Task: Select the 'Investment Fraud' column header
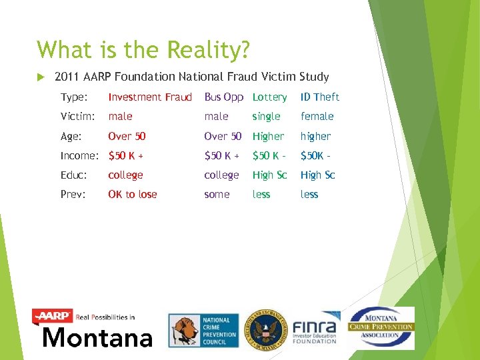(150, 97)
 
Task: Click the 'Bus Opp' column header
(223, 97)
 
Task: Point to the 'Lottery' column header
(269, 97)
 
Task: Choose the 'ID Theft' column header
(320, 97)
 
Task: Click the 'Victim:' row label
(77, 116)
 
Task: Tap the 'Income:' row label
(79, 155)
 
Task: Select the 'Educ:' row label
(75, 175)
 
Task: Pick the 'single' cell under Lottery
(266, 117)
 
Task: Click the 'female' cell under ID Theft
(317, 116)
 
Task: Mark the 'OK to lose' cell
(131, 194)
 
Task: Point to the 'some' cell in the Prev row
(217, 194)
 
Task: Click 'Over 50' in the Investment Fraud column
(127, 136)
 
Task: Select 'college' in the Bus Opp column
(221, 175)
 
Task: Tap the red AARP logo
(53, 316)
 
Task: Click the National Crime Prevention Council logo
(202, 331)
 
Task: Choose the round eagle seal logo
(264, 329)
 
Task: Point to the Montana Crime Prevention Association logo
(381, 327)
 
